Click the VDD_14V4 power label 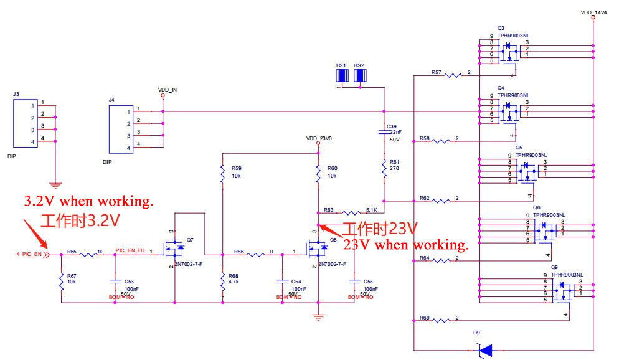point(594,12)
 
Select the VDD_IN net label point(168,90)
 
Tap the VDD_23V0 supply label point(319,138)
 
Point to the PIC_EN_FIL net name point(130,250)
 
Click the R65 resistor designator point(72,251)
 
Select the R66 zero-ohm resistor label point(238,252)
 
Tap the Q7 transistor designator point(190,239)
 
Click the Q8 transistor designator point(333,239)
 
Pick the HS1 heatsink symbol point(341,75)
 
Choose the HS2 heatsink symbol point(359,75)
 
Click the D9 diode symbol point(484,351)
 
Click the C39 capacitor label point(391,126)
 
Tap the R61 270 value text point(394,168)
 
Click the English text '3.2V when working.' point(88,202)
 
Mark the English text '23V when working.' point(405,244)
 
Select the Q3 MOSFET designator point(501,29)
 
